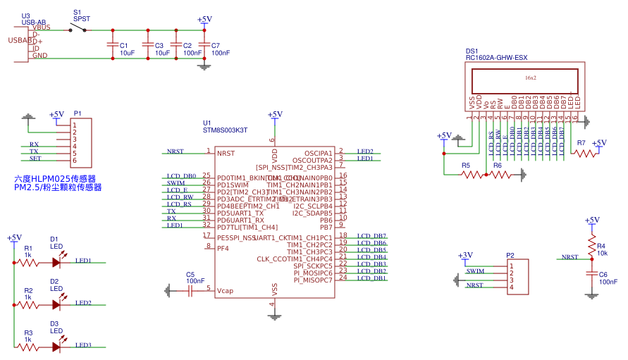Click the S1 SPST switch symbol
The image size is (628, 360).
click(78, 29)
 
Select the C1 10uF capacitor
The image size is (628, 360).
click(111, 44)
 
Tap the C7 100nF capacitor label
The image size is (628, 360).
click(221, 49)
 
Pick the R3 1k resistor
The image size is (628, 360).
click(28, 346)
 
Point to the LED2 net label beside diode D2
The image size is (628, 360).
click(83, 303)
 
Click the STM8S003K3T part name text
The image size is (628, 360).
click(225, 130)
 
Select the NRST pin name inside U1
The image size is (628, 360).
click(226, 153)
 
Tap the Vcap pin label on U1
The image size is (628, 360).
click(225, 290)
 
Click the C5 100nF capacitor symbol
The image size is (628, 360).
click(190, 290)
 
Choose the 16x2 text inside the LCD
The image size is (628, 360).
click(531, 77)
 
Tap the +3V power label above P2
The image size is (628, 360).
click(465, 255)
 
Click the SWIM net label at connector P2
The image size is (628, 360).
click(476, 271)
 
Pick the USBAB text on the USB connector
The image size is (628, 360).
click(20, 40)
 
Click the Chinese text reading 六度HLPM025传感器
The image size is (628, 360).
click(55, 179)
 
